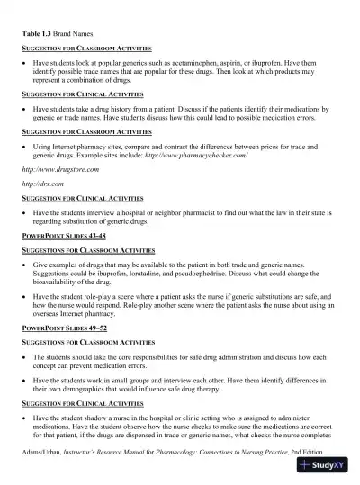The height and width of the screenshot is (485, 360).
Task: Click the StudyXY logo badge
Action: (327, 466)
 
